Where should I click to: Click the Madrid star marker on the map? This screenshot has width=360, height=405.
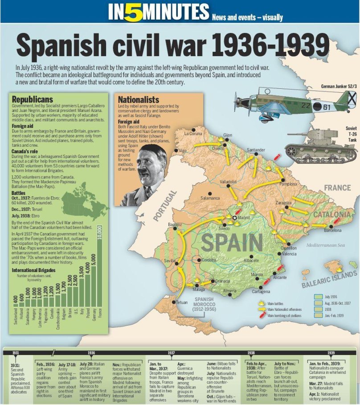234,217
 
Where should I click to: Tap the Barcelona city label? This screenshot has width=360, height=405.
333,231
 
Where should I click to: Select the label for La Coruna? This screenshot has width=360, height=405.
193,133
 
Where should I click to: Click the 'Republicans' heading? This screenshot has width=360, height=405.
32,99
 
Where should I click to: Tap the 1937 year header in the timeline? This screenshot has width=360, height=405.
171,352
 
